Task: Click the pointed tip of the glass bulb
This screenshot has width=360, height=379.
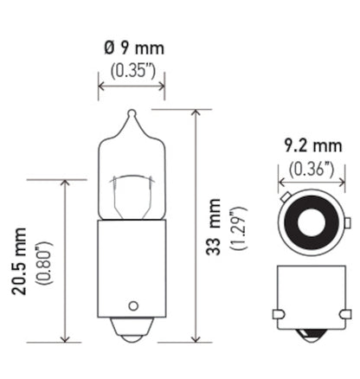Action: pyautogui.click(x=132, y=113)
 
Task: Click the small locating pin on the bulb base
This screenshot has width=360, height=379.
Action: pyautogui.click(x=132, y=305)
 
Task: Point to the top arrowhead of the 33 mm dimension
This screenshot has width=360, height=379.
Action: pyautogui.click(x=196, y=113)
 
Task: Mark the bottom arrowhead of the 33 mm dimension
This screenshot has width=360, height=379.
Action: pyautogui.click(x=196, y=338)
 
